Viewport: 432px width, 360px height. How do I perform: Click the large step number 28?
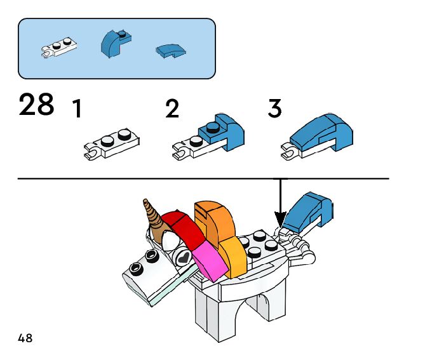click(x=37, y=105)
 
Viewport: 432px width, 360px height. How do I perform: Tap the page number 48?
click(x=25, y=338)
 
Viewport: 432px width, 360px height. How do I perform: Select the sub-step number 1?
click(x=77, y=109)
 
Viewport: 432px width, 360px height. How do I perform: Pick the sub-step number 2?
click(x=172, y=109)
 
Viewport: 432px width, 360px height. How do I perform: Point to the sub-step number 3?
click(x=274, y=109)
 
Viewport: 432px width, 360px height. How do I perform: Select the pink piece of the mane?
click(x=210, y=260)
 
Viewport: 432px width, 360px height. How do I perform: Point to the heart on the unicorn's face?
click(x=183, y=258)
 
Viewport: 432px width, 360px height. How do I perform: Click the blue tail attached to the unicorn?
click(x=308, y=213)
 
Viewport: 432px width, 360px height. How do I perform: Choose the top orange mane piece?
click(x=213, y=219)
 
